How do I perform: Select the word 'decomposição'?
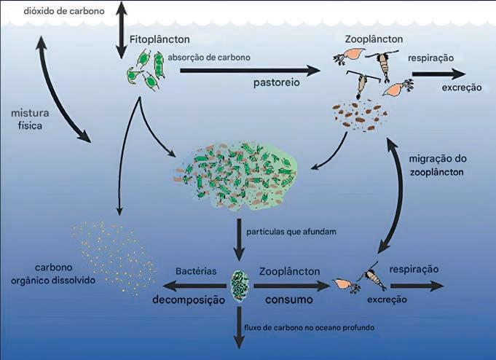point(187,300)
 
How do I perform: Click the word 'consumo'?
point(288,300)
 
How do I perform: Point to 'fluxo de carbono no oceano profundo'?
point(311,327)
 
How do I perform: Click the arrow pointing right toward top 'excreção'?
point(438,74)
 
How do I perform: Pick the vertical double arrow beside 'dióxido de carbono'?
point(120,29)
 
